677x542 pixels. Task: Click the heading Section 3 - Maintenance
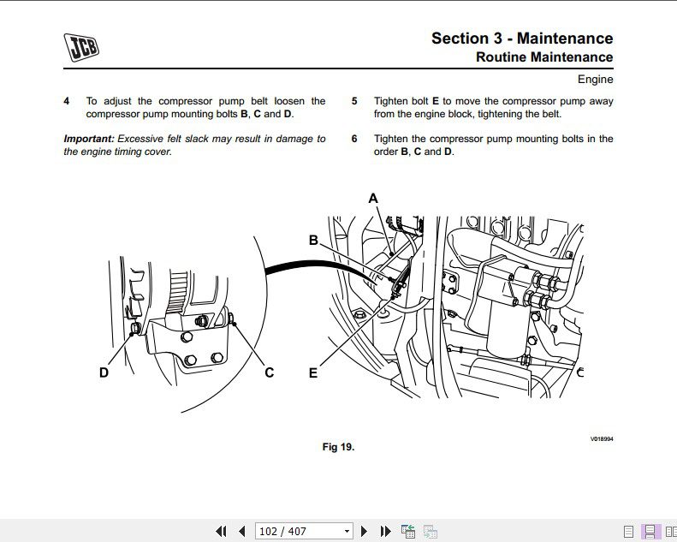coord(521,38)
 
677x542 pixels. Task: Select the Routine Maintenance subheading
coord(543,57)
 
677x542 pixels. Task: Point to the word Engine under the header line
coord(595,80)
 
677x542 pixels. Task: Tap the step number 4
coord(67,101)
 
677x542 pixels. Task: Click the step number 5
coord(354,101)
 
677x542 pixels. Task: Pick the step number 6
coord(354,139)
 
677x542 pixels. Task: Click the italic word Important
coord(88,139)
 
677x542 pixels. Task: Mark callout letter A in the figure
coord(373,199)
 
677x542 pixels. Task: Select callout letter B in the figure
coord(313,241)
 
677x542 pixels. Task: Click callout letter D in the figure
coord(104,372)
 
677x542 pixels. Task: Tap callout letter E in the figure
coord(313,372)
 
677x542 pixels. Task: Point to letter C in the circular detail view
coord(269,372)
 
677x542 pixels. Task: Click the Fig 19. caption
coord(338,447)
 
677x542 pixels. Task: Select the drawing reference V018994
coord(602,439)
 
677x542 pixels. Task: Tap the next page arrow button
coord(365,531)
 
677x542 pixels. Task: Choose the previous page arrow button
coord(242,531)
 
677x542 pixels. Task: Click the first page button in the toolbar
coord(221,531)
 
